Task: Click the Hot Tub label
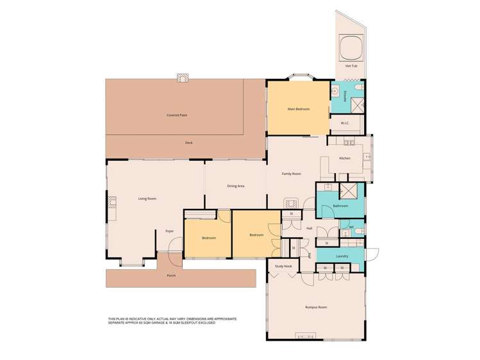(x=351, y=66)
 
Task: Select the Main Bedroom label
(x=298, y=110)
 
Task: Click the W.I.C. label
(x=344, y=123)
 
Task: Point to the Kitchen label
(x=345, y=158)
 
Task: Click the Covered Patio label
(x=177, y=115)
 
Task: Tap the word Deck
(x=189, y=142)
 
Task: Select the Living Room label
(x=147, y=199)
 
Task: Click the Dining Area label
(x=236, y=186)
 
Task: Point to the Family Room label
(x=292, y=174)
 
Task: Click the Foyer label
(x=169, y=231)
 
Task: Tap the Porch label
(x=171, y=275)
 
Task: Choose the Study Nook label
(x=283, y=266)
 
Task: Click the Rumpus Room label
(x=316, y=307)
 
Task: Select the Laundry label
(x=342, y=256)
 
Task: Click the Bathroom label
(x=340, y=206)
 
